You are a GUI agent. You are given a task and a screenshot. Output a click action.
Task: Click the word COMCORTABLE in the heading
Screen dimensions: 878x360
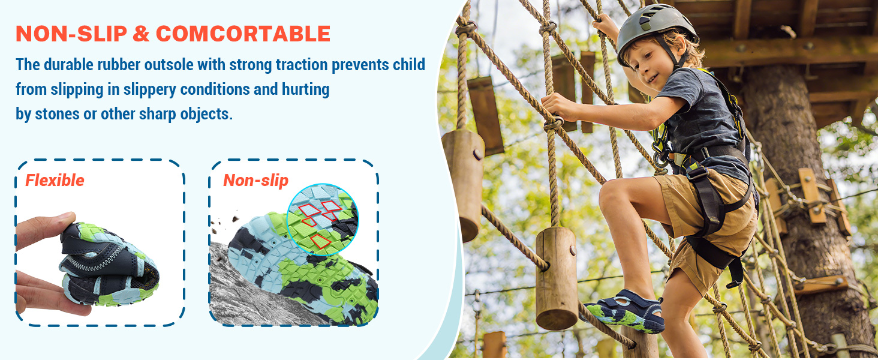243,34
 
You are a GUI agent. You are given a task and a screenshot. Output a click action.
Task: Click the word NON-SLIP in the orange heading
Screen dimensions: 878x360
71,34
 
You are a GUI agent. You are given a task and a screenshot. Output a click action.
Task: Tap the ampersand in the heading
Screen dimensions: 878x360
142,34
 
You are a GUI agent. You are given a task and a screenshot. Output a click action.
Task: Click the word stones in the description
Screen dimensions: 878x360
57,114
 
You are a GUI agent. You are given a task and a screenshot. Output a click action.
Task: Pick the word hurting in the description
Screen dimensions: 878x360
306,89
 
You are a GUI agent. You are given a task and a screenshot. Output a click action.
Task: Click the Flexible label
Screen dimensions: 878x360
55,181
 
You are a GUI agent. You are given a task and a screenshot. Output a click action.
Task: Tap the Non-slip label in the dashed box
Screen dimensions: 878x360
256,181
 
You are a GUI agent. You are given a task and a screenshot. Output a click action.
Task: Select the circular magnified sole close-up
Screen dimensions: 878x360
322,220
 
